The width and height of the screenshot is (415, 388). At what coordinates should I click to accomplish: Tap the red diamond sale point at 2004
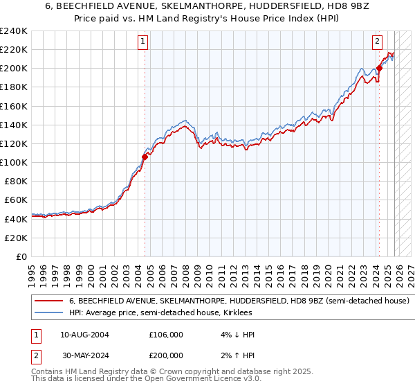145,157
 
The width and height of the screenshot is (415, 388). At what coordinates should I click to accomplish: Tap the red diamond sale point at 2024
379,69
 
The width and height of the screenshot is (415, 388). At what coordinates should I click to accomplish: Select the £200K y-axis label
14,69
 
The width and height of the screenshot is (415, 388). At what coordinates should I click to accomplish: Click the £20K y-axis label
17,238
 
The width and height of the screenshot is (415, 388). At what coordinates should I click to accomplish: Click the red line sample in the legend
48,301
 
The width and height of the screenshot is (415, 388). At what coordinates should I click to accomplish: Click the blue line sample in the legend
48,313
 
